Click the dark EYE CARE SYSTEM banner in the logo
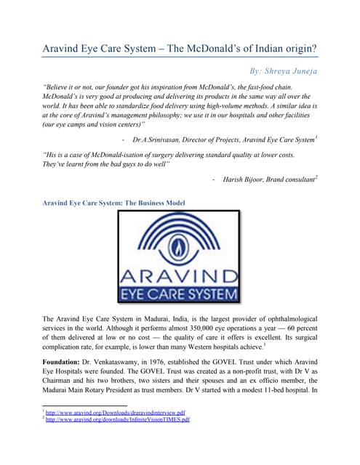pyautogui.click(x=179, y=294)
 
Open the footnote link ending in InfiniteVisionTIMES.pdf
pyautogui.click(x=119, y=419)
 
